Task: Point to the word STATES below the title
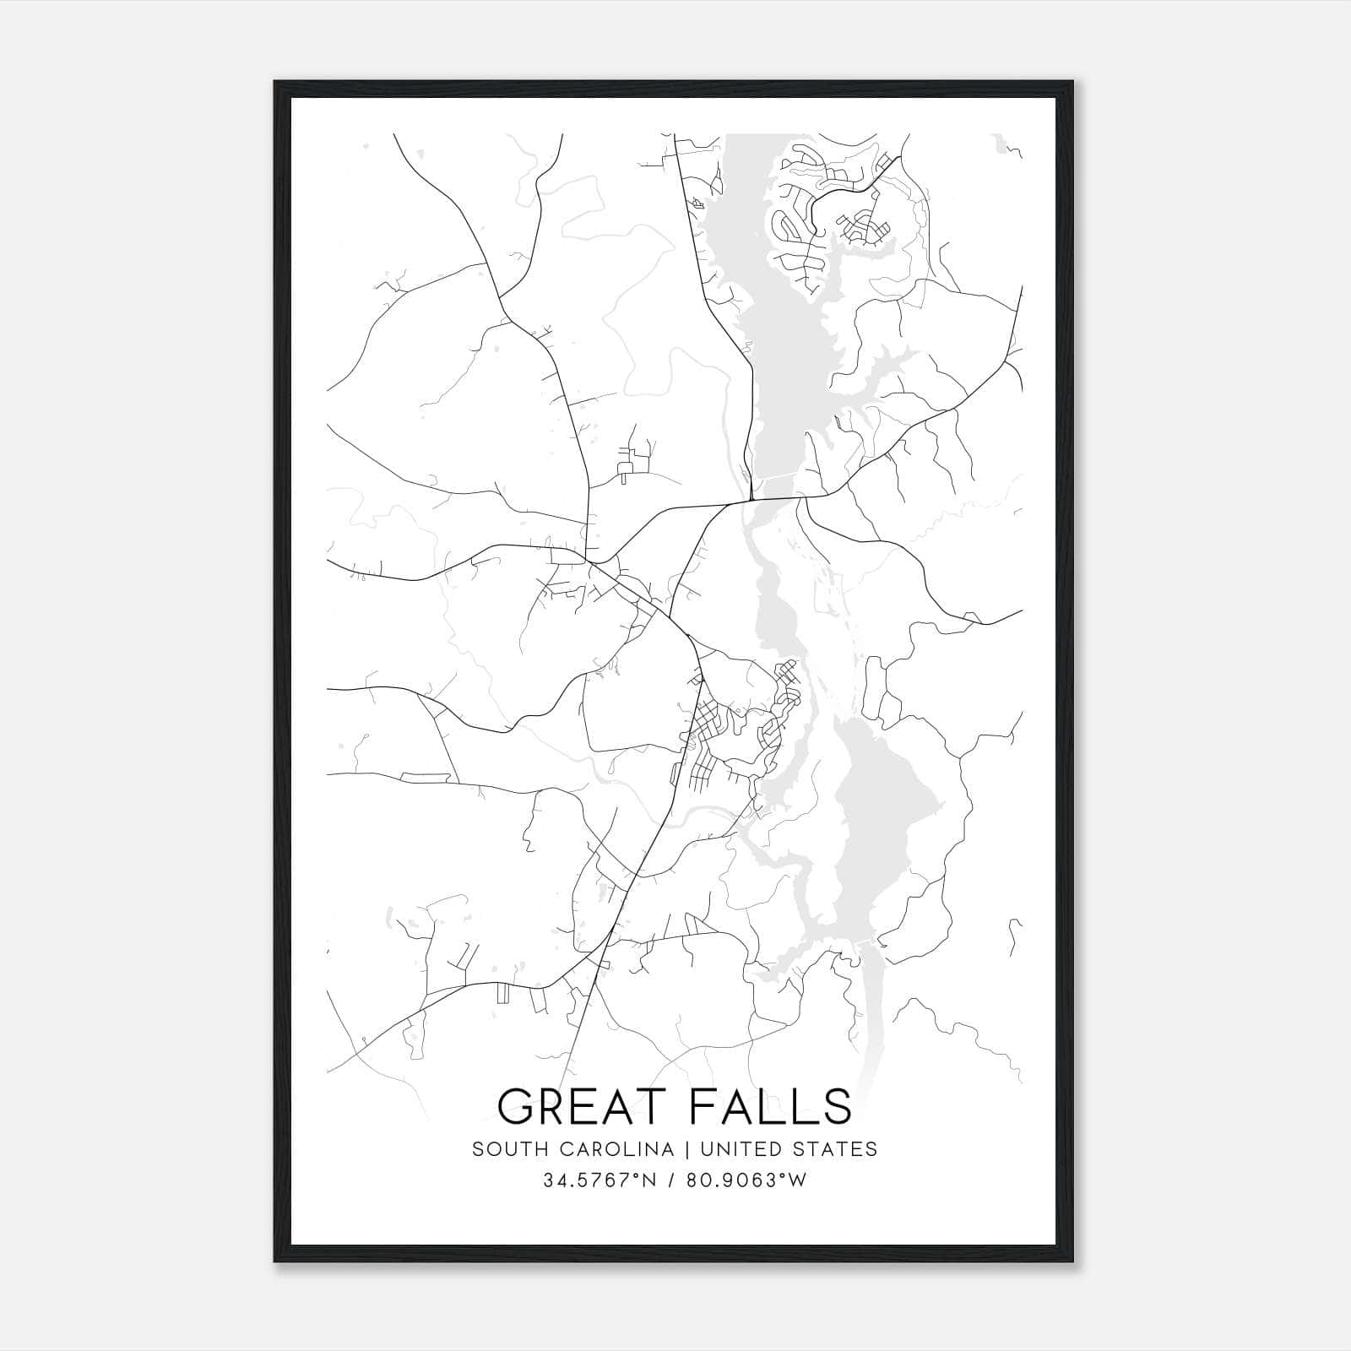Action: pos(839,1149)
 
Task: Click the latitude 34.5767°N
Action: pos(600,1180)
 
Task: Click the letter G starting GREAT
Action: pos(517,1107)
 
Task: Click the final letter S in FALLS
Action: pos(838,1107)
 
